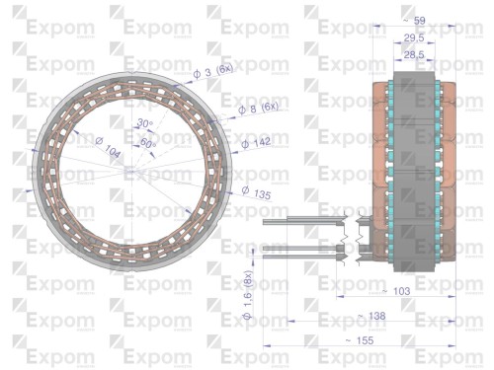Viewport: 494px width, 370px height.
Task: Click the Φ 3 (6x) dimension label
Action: point(211,68)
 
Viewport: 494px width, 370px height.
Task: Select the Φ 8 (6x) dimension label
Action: point(259,107)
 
